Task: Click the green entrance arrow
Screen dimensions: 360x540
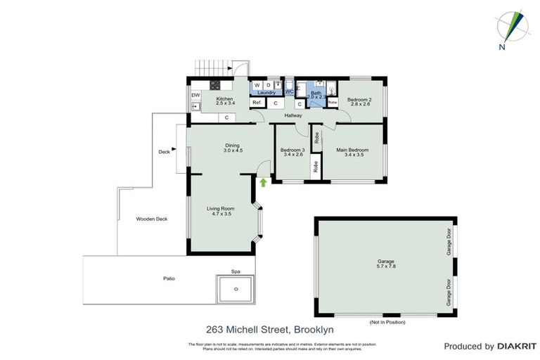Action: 263,183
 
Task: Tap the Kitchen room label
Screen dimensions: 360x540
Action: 224,99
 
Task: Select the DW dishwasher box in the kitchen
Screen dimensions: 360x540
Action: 195,94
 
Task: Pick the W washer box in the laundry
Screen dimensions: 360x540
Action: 257,85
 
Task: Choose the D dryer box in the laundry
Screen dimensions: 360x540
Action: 268,85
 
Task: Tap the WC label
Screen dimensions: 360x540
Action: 289,91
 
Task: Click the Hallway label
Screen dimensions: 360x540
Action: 293,115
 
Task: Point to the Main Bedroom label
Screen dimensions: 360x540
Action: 352,150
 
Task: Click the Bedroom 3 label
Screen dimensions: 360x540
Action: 292,150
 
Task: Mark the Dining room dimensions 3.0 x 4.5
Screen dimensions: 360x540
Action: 233,151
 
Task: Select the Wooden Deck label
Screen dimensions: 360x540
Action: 151,219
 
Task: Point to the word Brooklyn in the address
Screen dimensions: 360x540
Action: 314,328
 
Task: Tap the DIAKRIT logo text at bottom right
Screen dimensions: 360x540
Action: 517,347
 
